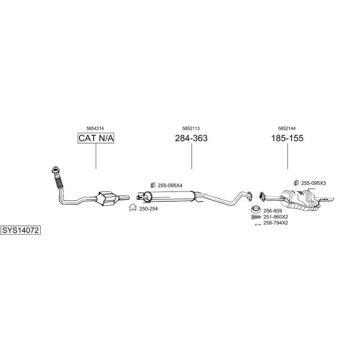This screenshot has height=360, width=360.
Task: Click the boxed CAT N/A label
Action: coord(96,138)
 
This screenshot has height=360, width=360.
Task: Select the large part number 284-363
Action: coord(191,138)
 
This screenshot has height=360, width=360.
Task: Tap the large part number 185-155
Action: coord(287,138)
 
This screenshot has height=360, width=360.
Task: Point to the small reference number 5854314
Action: coord(95,128)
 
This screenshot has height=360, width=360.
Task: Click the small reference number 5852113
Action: coord(191,128)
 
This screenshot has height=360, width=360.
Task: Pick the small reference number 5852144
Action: coord(287,128)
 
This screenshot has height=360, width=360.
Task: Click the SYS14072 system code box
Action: coord(20,230)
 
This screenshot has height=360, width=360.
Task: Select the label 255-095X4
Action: coord(170,185)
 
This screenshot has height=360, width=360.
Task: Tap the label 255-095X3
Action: coord(313,183)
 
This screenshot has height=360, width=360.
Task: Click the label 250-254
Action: coord(149,209)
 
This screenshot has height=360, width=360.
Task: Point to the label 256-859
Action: coord(272,211)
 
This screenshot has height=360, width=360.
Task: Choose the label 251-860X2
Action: coord(275,217)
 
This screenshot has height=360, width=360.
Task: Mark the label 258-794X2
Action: coord(275,223)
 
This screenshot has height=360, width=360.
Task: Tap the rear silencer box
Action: coord(301,199)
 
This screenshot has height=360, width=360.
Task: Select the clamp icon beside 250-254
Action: coord(133,208)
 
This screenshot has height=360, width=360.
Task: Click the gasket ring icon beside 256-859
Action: coord(256,209)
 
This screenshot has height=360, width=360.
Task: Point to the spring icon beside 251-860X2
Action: coord(256,217)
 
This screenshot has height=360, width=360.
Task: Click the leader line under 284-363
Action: coord(191,156)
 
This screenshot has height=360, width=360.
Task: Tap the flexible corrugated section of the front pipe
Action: coord(59,182)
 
